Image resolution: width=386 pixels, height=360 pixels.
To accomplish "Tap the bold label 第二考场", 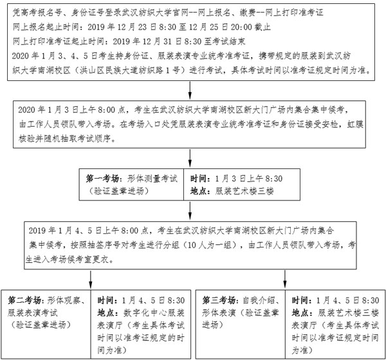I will [25, 300].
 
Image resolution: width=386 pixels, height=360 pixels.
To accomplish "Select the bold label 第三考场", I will [219, 300].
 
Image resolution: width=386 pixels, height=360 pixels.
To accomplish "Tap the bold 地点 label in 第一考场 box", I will [199, 190].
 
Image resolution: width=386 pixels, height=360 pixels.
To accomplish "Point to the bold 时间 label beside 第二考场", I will [107, 300].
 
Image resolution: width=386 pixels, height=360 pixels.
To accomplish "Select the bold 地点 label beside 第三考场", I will [301, 312].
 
